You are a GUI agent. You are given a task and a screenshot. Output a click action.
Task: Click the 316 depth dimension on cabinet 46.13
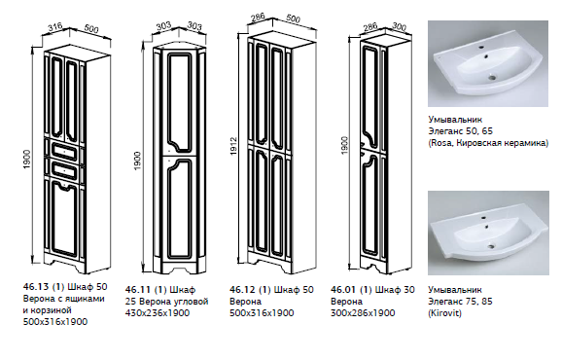click(x=55, y=27)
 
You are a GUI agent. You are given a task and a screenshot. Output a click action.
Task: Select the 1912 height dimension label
click(x=233, y=146)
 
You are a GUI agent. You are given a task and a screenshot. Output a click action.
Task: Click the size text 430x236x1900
click(x=158, y=313)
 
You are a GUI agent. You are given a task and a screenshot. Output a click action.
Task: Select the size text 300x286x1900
click(x=363, y=313)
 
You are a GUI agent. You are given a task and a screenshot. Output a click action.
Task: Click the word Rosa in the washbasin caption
click(x=439, y=143)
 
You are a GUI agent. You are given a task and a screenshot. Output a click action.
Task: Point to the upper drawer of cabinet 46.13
click(x=64, y=151)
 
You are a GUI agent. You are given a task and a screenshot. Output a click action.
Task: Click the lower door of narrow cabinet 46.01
click(x=371, y=208)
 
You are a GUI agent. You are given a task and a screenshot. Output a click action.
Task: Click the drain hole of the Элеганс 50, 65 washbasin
click(x=492, y=76)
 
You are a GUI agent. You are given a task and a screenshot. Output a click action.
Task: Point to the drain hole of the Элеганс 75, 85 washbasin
click(x=492, y=245)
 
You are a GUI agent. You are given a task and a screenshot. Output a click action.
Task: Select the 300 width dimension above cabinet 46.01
click(x=399, y=27)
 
